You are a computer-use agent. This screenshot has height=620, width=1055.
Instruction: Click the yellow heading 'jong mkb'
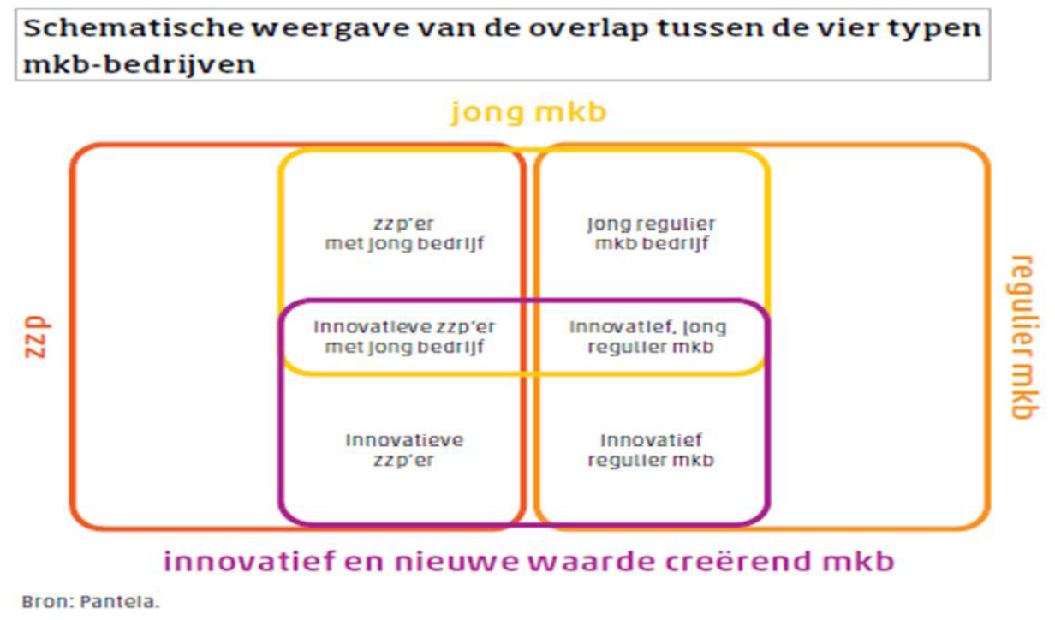pyautogui.click(x=528, y=113)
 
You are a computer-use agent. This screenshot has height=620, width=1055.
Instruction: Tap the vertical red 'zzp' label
pyautogui.click(x=37, y=337)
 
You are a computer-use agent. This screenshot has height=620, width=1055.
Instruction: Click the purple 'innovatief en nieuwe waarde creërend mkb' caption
pyautogui.click(x=528, y=562)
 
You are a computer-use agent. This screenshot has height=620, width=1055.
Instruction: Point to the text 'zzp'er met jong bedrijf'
pyautogui.click(x=404, y=234)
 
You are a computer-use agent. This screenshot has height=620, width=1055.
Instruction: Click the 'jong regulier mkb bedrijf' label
pyautogui.click(x=652, y=234)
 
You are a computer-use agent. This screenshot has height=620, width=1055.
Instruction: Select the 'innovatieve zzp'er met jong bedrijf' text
pyautogui.click(x=404, y=337)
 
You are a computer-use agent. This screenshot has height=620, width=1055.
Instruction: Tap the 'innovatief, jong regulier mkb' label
pyautogui.click(x=648, y=337)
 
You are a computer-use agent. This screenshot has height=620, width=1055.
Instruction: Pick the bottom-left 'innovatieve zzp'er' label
pyautogui.click(x=404, y=450)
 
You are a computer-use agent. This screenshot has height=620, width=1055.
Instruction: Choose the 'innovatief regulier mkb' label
pyautogui.click(x=652, y=450)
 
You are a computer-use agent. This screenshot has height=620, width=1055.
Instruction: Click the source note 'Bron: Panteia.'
pyautogui.click(x=91, y=602)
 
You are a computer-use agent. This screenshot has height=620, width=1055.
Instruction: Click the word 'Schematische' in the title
pyautogui.click(x=134, y=27)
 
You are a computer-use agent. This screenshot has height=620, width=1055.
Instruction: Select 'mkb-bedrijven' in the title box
pyautogui.click(x=140, y=64)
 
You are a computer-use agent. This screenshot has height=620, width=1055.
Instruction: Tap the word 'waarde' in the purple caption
pyautogui.click(x=586, y=562)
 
